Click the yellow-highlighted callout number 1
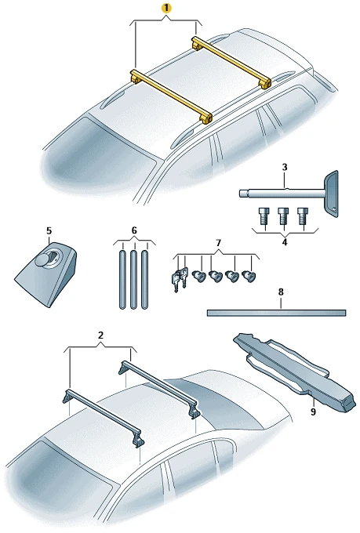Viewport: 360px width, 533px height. pyautogui.click(x=166, y=9)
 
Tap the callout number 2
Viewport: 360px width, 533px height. pyautogui.click(x=100, y=335)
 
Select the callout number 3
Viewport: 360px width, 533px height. pyautogui.click(x=285, y=167)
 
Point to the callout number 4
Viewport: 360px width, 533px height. pyautogui.click(x=285, y=242)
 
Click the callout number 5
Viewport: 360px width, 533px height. pyautogui.click(x=49, y=230)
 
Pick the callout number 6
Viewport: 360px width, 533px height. pyautogui.click(x=133, y=230)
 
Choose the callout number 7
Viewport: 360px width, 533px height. pyautogui.click(x=218, y=243)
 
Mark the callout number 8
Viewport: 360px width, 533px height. pyautogui.click(x=281, y=292)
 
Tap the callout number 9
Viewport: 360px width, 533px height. pyautogui.click(x=313, y=412)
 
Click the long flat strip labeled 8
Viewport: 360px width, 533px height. pyautogui.click(x=276, y=313)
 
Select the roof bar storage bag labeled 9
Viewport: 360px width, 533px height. pyautogui.click(x=294, y=372)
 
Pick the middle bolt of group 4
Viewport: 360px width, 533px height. pyautogui.click(x=282, y=216)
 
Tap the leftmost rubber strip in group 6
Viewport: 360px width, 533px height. pyautogui.click(x=122, y=279)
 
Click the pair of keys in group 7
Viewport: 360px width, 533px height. pyautogui.click(x=179, y=279)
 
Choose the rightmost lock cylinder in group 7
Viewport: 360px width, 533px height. pyautogui.click(x=249, y=276)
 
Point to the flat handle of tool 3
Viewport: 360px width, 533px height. pyautogui.click(x=332, y=194)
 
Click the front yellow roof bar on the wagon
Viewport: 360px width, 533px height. pyautogui.click(x=171, y=96)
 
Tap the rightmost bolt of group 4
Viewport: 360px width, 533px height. pyautogui.click(x=302, y=216)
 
